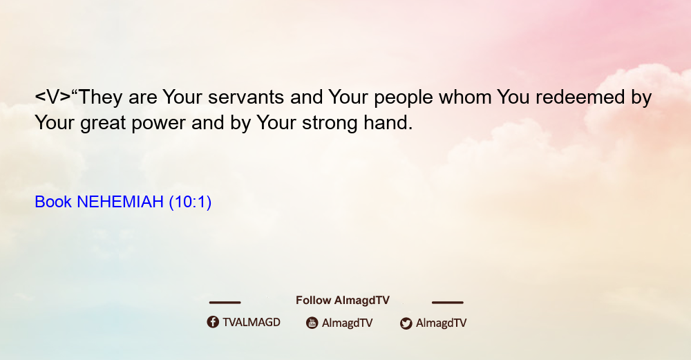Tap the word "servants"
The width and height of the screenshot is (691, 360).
[x=246, y=97]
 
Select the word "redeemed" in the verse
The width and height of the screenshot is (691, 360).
[x=580, y=97]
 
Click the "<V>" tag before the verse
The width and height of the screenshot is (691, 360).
[x=53, y=97]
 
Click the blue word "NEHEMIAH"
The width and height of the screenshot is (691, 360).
[x=120, y=202]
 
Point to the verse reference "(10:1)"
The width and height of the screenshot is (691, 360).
[x=191, y=202]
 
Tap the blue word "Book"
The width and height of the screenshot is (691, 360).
[x=53, y=202]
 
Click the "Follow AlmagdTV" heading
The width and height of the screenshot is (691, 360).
[x=343, y=301]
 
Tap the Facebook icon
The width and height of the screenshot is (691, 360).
[x=213, y=322]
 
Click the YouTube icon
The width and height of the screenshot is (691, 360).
[x=312, y=323]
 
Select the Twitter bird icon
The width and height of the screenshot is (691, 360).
[x=406, y=323]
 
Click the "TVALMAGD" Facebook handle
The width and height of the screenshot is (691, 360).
[x=252, y=323]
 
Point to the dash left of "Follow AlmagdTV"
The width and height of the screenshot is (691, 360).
[x=225, y=303]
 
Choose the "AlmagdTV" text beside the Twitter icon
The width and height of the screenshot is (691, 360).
[x=441, y=323]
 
